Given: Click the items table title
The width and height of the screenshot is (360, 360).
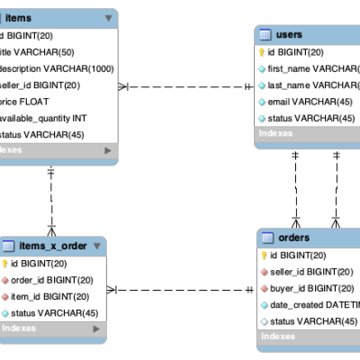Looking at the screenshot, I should (x=19, y=17).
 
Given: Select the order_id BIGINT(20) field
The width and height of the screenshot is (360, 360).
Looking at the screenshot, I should (x=54, y=280).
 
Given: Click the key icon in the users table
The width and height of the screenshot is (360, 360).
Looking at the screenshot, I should (x=261, y=52).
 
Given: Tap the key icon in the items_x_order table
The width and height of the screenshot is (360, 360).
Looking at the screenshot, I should (x=4, y=264).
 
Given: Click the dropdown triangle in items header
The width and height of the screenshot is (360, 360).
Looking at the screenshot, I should (x=108, y=17).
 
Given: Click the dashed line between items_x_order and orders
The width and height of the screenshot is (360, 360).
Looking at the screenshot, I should (x=180, y=290).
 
